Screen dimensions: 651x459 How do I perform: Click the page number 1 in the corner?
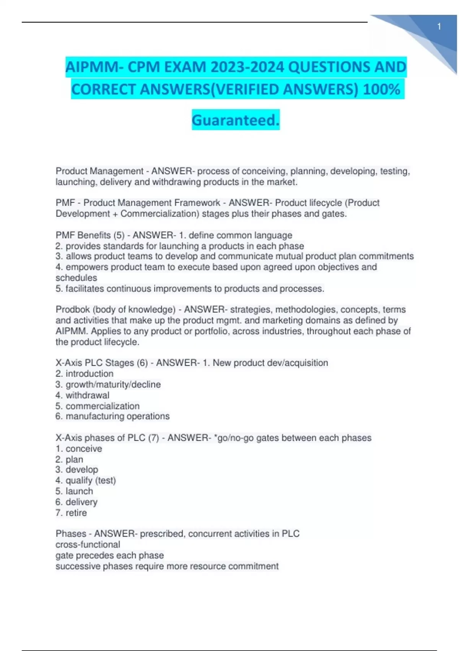(439, 26)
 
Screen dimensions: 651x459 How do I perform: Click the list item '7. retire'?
(71, 513)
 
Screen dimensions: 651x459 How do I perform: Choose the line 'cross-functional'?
(88, 545)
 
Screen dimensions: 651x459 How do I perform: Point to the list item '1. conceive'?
(79, 448)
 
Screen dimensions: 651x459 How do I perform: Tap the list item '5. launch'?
(74, 491)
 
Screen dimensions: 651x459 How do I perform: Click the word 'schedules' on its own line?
(76, 278)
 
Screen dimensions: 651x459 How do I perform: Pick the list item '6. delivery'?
(76, 502)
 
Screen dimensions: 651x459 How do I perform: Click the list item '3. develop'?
(77, 469)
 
